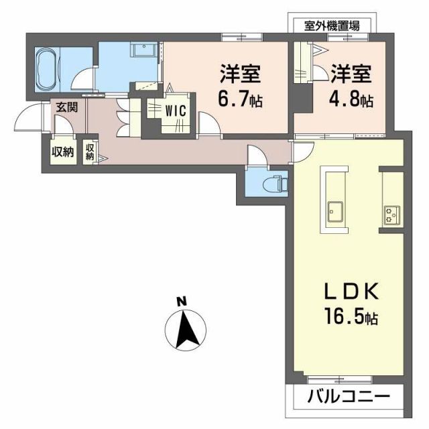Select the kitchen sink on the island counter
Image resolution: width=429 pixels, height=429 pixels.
pos(333,212)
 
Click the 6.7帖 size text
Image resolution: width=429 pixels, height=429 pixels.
pos(238,101)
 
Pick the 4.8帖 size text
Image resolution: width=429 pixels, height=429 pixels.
pos(350,101)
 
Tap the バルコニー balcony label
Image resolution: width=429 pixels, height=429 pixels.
pos(348,397)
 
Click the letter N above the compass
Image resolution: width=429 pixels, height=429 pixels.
pos(181,301)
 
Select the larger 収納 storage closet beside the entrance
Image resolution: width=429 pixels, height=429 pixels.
pos(62,151)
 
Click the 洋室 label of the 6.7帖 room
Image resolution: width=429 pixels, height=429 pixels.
pos(238,72)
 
